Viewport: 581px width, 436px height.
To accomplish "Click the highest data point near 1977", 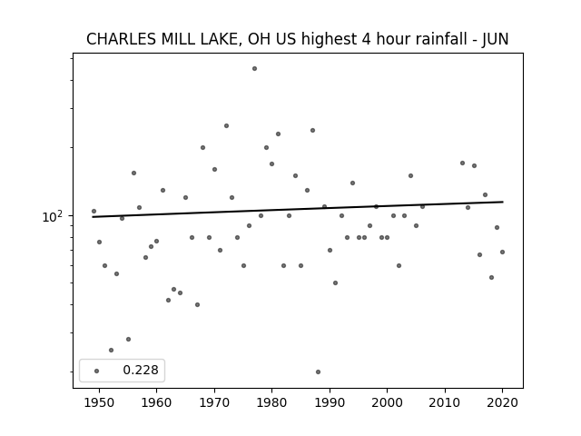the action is click(x=254, y=69).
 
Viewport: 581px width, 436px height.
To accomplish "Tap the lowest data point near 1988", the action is click(x=318, y=372).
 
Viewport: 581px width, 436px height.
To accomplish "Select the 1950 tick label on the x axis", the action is click(x=99, y=403).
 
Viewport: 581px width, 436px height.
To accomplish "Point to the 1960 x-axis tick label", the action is click(x=156, y=403).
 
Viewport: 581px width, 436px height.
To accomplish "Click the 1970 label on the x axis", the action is click(x=214, y=403).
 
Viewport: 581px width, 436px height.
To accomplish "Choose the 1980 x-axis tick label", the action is click(x=271, y=403).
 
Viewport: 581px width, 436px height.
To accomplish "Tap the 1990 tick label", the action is click(x=330, y=403).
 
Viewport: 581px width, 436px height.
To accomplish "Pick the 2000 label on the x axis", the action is click(x=387, y=403).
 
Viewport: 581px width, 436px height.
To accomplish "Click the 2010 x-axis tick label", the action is click(x=445, y=403).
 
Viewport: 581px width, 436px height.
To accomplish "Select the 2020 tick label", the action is click(x=502, y=403).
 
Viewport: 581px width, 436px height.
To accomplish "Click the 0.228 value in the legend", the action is click(x=141, y=370).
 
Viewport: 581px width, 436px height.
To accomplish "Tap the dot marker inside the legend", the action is click(x=97, y=371).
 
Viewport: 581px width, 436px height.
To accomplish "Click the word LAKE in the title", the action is click(x=222, y=39).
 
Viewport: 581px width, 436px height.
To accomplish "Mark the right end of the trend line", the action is click(x=503, y=202).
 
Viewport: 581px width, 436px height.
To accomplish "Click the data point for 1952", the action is click(x=111, y=350).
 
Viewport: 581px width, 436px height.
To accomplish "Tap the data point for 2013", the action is click(x=462, y=163).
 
